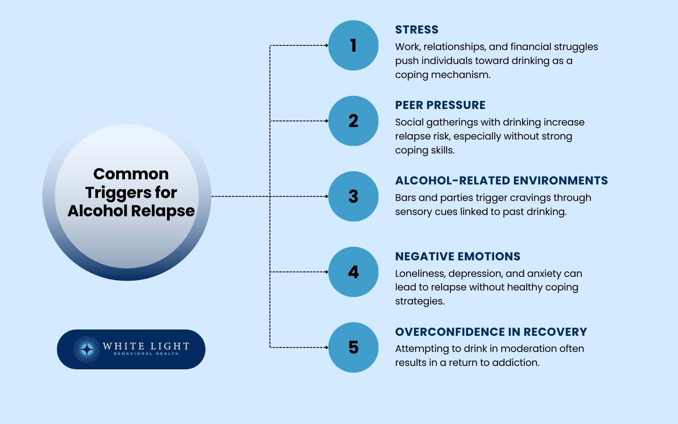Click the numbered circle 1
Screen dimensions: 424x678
click(x=353, y=45)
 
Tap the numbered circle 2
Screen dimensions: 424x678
click(x=353, y=121)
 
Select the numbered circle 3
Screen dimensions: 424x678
click(x=353, y=196)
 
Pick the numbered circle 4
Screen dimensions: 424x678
click(x=353, y=272)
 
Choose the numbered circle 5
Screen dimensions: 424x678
click(x=353, y=347)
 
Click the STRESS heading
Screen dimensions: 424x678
click(x=417, y=30)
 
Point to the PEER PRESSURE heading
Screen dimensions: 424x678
click(x=440, y=105)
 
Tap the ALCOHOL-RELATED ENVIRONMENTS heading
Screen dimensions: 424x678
click(x=501, y=181)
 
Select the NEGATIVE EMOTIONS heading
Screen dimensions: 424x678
click(x=458, y=257)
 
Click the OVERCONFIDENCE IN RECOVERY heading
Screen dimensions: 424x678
click(x=491, y=332)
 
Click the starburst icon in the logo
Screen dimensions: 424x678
click(x=86, y=349)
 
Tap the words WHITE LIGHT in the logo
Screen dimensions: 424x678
click(x=146, y=346)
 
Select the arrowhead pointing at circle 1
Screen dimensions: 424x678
click(x=326, y=45)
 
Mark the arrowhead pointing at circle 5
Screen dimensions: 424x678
click(x=326, y=347)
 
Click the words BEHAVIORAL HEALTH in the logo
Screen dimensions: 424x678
click(x=146, y=354)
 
